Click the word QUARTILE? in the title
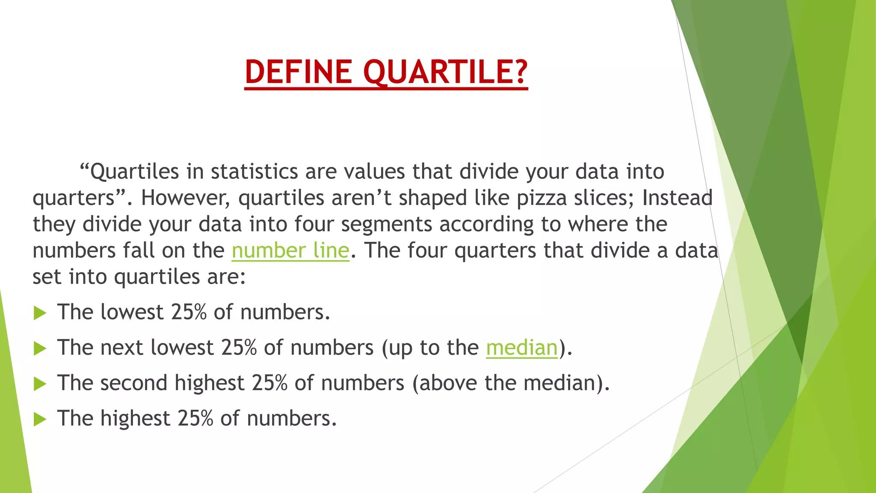[x=445, y=71]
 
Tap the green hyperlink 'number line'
[x=290, y=250]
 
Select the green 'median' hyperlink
[x=522, y=347]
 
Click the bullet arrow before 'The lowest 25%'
[x=40, y=313]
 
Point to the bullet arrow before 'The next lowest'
[x=40, y=348]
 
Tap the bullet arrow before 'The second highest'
[x=40, y=384]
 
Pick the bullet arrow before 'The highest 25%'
[x=40, y=419]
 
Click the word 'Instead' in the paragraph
[x=677, y=198]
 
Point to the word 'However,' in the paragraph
[x=185, y=198]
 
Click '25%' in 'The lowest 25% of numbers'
[x=189, y=312]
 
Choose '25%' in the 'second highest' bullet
[x=269, y=383]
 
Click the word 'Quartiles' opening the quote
[x=134, y=172]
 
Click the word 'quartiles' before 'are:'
[x=157, y=277]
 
